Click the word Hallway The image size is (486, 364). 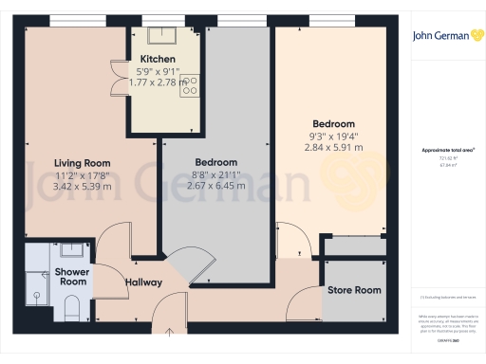[143, 282]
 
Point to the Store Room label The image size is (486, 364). [354, 290]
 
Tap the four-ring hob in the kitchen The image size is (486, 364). [189, 86]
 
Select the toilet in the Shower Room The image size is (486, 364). [71, 303]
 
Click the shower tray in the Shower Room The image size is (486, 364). [37, 285]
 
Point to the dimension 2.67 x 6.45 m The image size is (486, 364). [216, 186]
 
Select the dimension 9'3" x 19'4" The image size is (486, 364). [332, 136]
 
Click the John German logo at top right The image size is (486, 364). [441, 35]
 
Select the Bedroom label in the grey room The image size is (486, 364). [216, 162]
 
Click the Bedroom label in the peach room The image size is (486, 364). [333, 124]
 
